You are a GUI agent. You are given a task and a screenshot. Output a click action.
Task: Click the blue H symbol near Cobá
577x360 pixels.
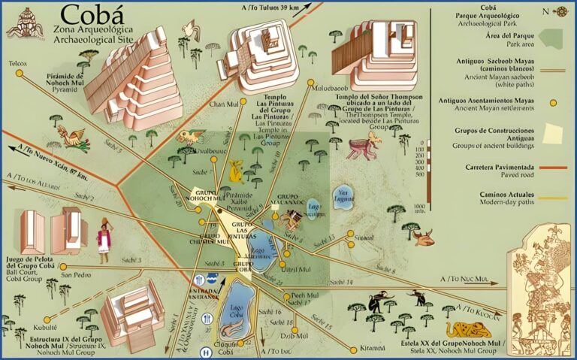tap(205, 352)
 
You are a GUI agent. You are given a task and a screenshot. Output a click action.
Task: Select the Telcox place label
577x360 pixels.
tap(17, 64)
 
